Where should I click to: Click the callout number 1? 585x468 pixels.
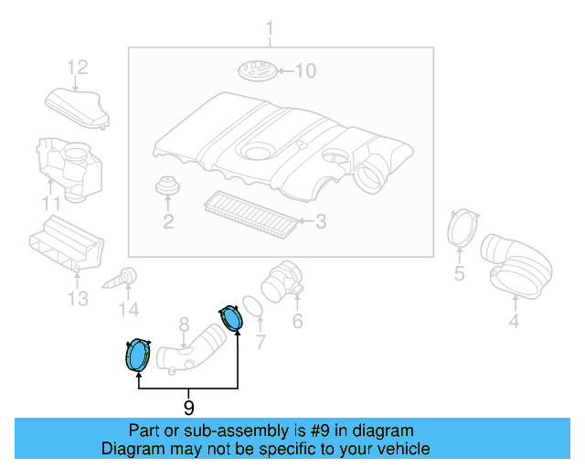pyautogui.click(x=270, y=36)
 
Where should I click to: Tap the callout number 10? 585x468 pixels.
pyautogui.click(x=304, y=71)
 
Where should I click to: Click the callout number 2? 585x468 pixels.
pyautogui.click(x=168, y=221)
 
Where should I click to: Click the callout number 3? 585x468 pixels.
pyautogui.click(x=320, y=221)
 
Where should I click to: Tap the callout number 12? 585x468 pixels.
pyautogui.click(x=77, y=67)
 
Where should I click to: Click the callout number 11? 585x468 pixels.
pyautogui.click(x=53, y=203)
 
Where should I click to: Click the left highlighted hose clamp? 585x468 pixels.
pyautogui.click(x=137, y=355)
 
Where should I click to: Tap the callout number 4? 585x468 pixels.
pyautogui.click(x=514, y=321)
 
